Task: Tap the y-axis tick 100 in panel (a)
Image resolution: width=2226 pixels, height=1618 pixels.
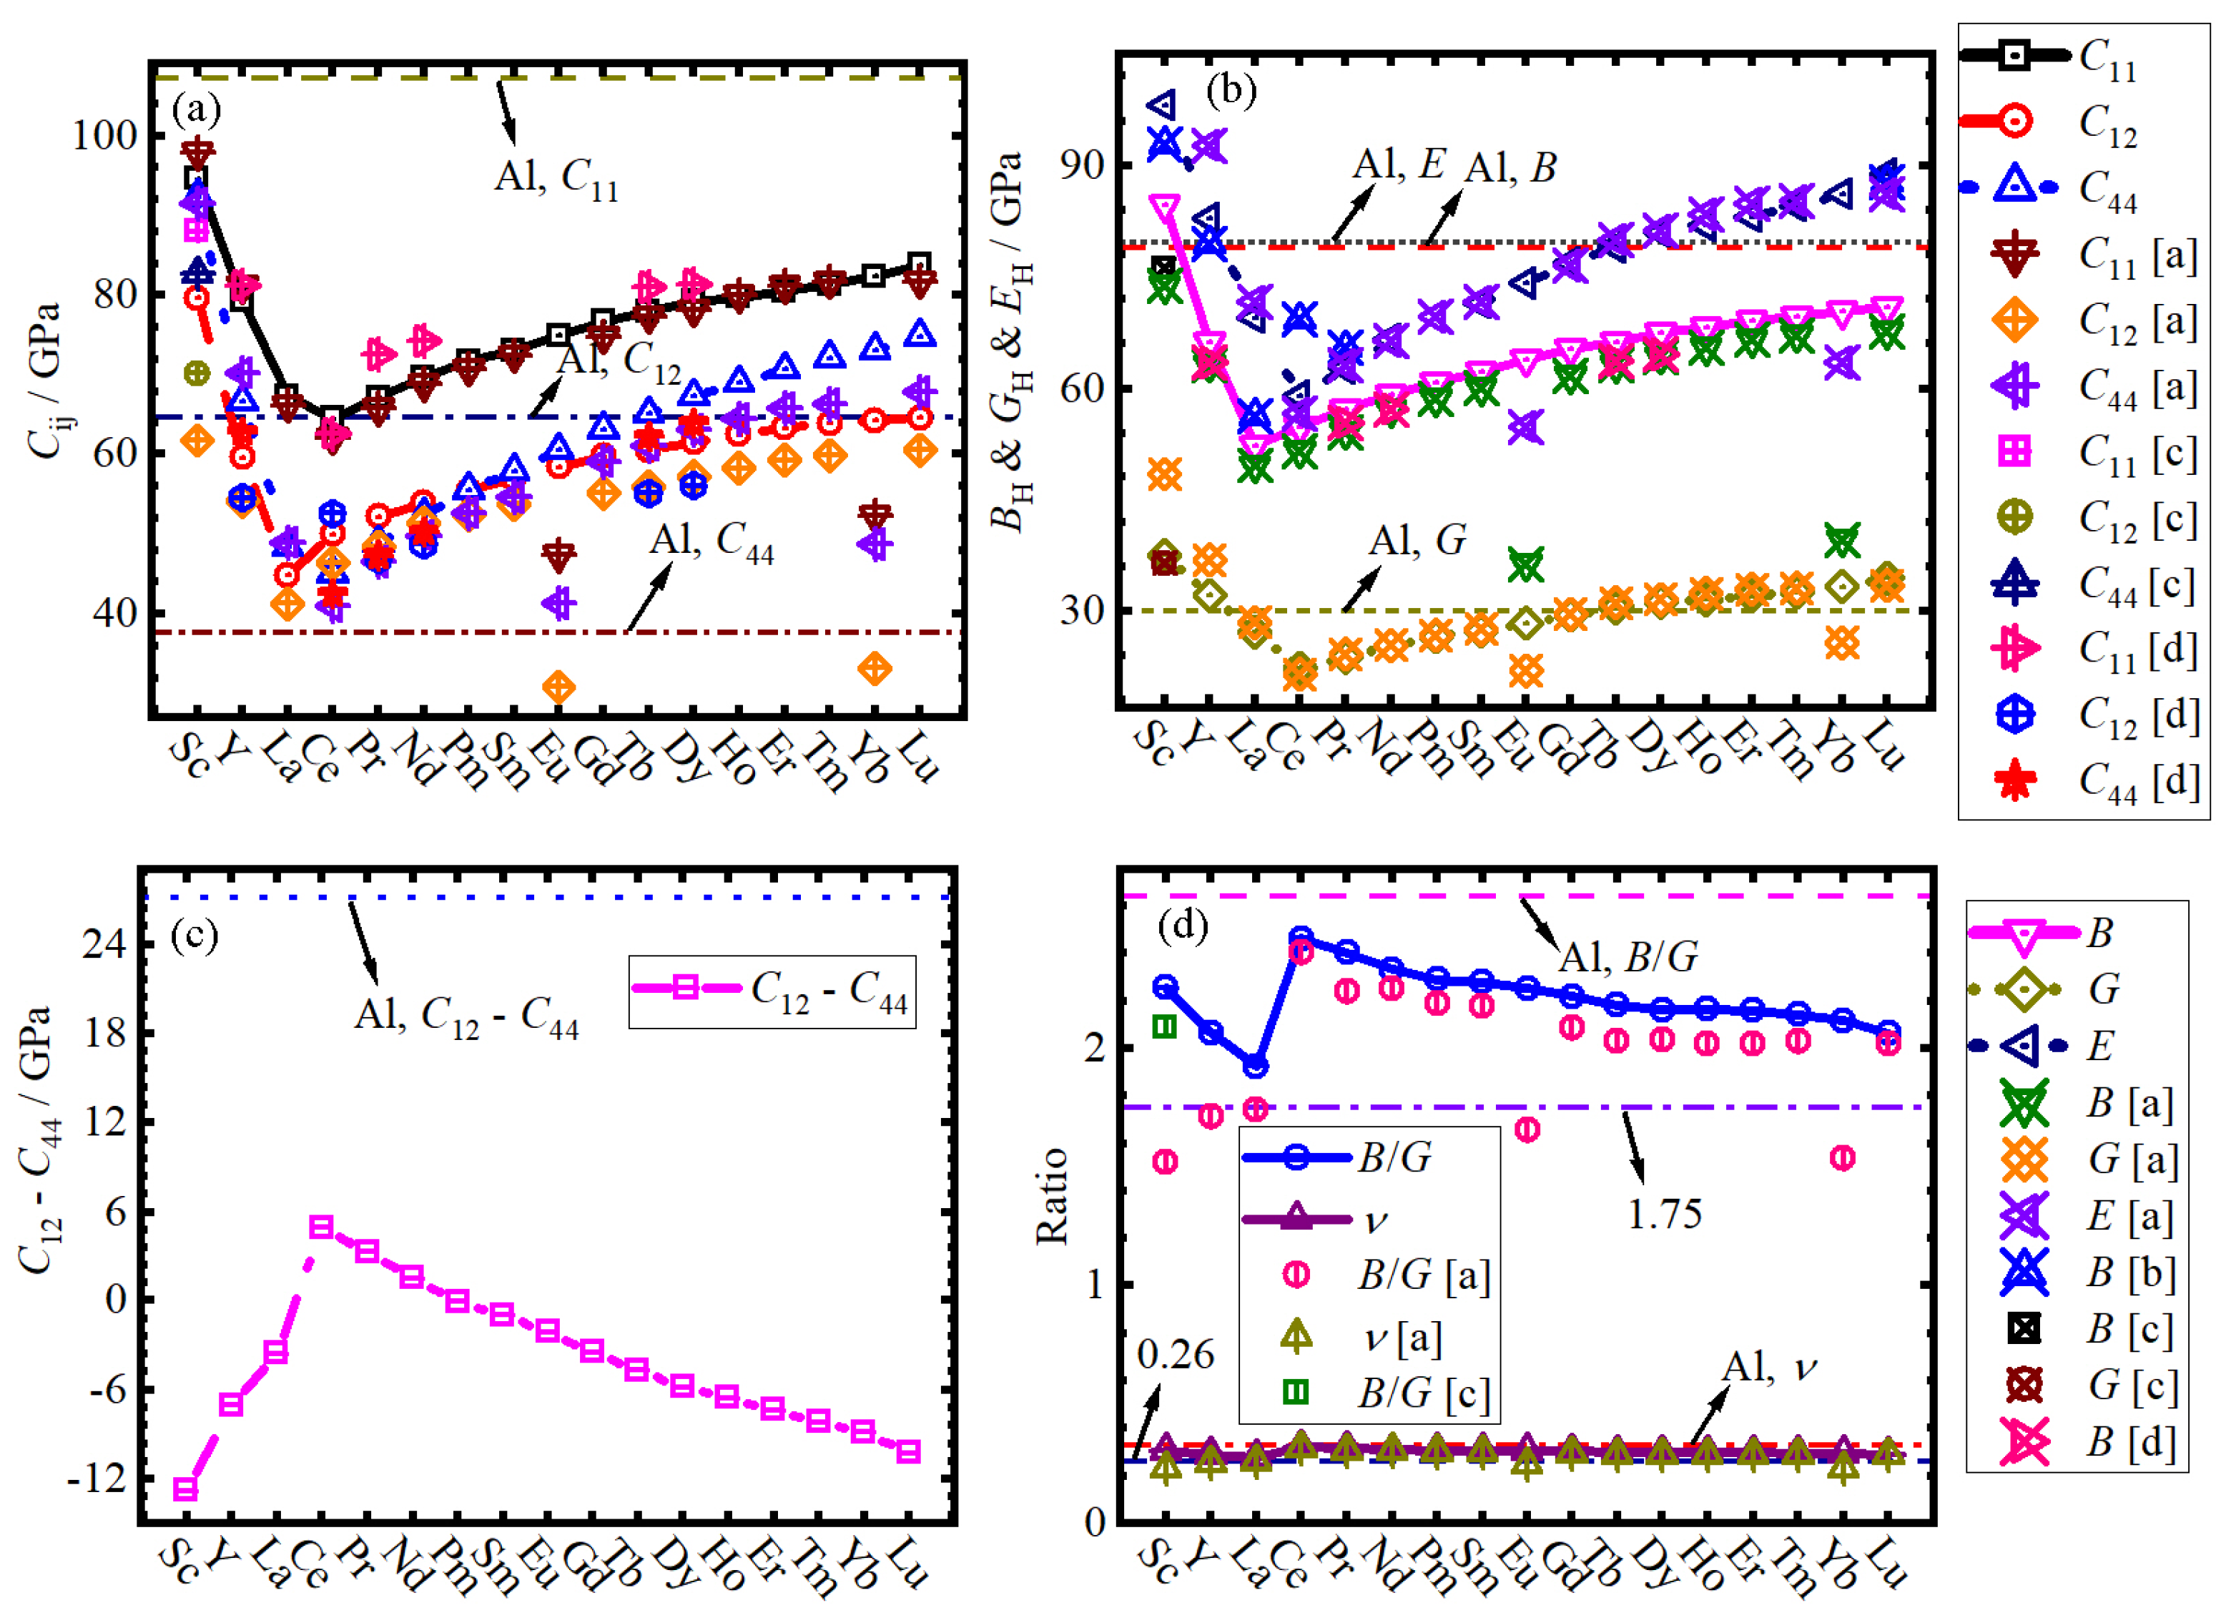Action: tap(105, 135)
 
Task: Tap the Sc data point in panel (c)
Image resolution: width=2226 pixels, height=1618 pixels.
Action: tap(185, 1489)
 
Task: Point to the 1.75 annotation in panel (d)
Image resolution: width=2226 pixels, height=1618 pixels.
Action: tap(1664, 1215)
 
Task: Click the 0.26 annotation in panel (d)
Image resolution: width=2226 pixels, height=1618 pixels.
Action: tap(1175, 1355)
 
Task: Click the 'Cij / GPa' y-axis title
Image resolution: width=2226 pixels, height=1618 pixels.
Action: tap(44, 381)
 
